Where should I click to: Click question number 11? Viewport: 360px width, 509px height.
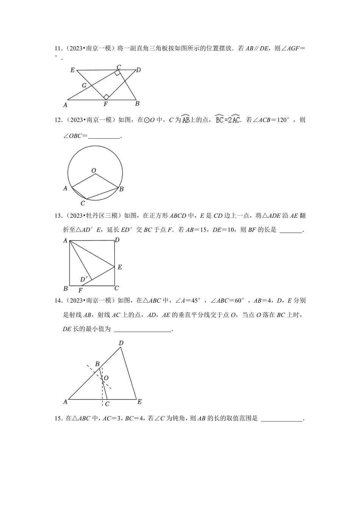[x=58, y=48]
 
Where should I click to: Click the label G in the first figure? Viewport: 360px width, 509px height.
[x=84, y=86]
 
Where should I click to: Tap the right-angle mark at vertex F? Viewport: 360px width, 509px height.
[x=106, y=97]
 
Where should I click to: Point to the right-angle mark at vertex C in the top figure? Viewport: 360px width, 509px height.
[x=118, y=73]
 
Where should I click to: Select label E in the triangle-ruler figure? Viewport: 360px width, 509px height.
[x=72, y=70]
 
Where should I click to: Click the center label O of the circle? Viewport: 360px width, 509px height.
[x=94, y=171]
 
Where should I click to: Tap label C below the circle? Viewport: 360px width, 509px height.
[x=83, y=203]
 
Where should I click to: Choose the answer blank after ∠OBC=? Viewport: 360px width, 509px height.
[x=104, y=136]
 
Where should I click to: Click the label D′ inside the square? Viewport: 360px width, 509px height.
[x=84, y=279]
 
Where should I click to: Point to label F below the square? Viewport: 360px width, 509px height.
[x=80, y=290]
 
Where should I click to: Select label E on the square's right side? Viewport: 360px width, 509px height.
[x=120, y=267]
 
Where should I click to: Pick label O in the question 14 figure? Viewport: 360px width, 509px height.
[x=106, y=378]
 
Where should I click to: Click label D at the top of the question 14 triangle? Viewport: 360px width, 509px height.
[x=121, y=343]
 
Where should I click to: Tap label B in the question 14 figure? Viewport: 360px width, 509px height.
[x=97, y=364]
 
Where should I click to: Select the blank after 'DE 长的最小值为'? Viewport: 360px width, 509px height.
[x=142, y=329]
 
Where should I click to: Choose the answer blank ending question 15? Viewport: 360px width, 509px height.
[x=282, y=418]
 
